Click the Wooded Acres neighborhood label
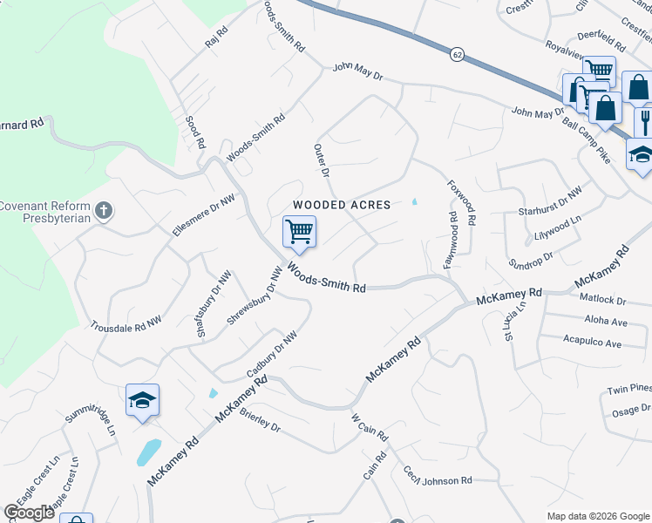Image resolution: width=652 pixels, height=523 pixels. click(x=341, y=205)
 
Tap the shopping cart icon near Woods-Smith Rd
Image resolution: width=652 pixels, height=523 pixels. click(x=299, y=232)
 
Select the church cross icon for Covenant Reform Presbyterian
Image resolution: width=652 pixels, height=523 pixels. click(x=104, y=210)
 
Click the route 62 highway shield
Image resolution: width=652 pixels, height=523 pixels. click(x=457, y=54)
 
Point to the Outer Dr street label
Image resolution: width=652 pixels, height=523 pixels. click(x=321, y=161)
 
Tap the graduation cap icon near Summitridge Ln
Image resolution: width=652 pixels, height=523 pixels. click(x=142, y=400)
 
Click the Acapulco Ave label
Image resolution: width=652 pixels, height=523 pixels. click(x=592, y=343)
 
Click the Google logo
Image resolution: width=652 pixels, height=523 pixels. click(x=29, y=513)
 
